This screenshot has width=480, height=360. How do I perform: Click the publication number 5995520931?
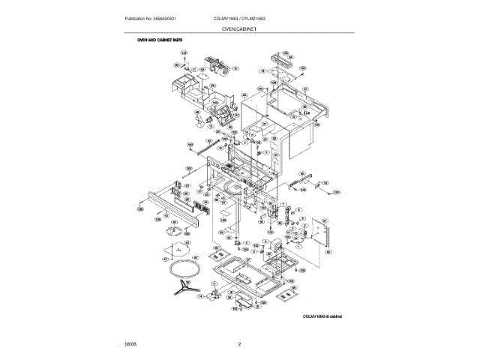[166, 17]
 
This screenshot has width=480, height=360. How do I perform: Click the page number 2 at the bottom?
[239, 344]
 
